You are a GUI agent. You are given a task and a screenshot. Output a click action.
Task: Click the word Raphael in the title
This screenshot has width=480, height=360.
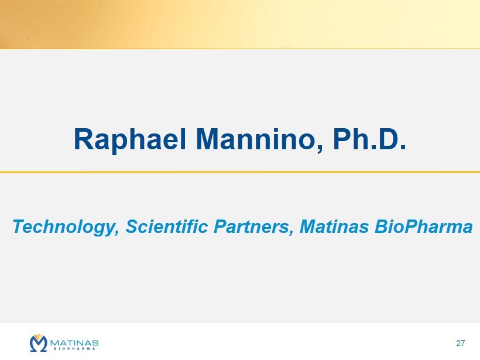130,139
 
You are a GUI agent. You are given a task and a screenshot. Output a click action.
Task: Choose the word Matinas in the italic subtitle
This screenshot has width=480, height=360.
334,227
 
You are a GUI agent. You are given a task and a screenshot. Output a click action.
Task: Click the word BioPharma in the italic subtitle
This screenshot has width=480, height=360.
424,227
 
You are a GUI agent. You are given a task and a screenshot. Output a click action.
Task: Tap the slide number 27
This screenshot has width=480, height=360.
461,343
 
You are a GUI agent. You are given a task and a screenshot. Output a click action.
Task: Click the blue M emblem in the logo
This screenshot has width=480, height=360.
38,344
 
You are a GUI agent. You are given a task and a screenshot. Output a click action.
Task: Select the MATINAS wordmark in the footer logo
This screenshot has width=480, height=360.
74,342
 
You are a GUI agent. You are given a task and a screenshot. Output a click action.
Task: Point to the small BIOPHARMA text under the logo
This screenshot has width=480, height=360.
74,348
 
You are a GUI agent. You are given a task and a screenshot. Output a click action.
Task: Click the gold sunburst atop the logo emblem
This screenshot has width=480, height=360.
38,337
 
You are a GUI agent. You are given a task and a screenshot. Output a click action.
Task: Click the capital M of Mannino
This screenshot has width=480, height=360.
207,139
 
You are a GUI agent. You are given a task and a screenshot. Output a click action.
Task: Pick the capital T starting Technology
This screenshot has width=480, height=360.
19,227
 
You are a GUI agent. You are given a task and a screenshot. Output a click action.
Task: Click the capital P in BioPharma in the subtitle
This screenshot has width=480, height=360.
404,227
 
